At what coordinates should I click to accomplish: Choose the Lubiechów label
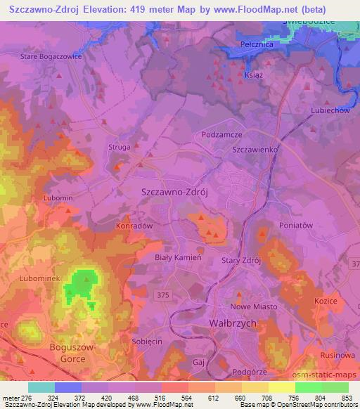pos(330,110)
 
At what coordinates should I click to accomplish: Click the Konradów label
pos(134,226)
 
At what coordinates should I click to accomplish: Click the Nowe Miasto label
pos(254,306)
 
